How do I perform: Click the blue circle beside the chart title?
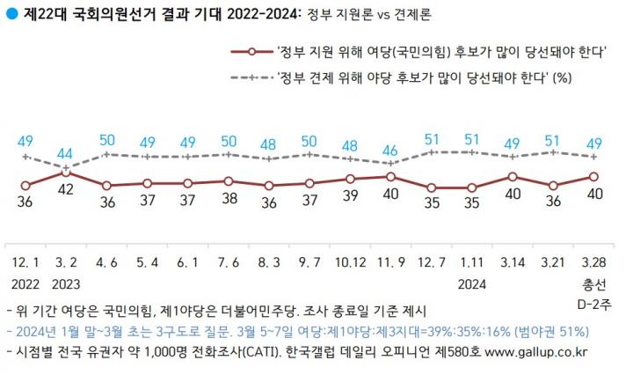click(12, 13)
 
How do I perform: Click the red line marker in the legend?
click(252, 52)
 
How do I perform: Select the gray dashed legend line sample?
click(252, 77)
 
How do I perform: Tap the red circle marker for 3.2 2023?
click(66, 173)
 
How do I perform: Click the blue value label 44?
click(64, 153)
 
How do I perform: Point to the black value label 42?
click(65, 189)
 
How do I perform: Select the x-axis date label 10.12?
click(350, 262)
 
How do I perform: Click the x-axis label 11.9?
click(390, 262)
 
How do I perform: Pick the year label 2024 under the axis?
click(472, 284)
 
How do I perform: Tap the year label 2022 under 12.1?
click(25, 284)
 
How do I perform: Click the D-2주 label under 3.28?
click(594, 304)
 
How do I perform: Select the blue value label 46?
click(390, 151)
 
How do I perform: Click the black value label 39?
click(350, 195)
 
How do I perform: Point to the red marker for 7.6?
click(229, 181)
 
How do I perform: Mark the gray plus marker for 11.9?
click(390, 163)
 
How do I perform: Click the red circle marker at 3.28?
click(593, 177)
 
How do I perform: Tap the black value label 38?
click(229, 198)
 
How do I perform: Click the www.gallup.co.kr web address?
click(536, 352)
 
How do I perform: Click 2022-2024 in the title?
click(263, 14)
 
